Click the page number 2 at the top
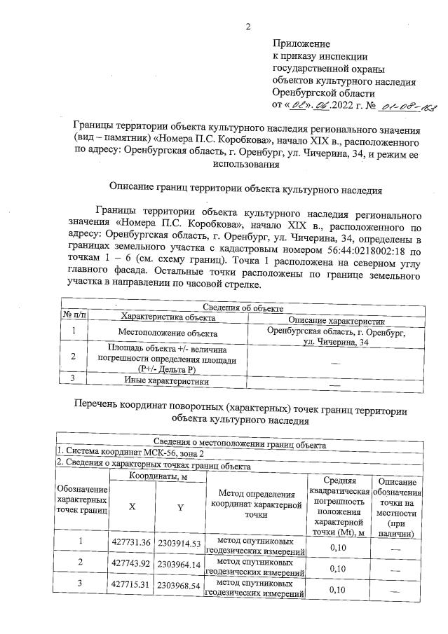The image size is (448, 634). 247,27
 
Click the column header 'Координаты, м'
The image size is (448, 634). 156,476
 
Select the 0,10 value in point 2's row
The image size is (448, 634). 339,568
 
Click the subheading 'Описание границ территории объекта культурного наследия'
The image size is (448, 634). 245,188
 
